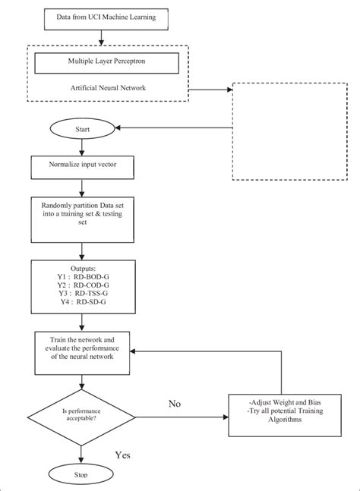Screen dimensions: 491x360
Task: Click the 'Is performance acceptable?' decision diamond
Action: point(81,417)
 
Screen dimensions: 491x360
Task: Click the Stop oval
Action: point(81,475)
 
